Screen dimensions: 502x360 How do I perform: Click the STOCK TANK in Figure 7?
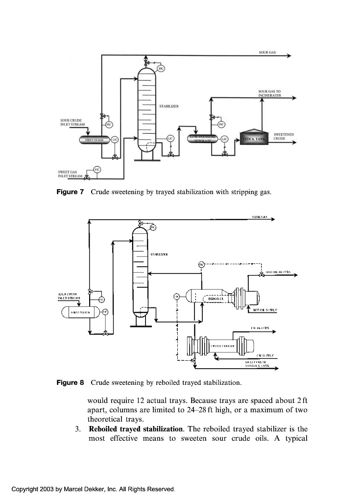(x=254, y=139)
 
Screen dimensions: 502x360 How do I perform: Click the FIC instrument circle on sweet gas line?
(x=97, y=169)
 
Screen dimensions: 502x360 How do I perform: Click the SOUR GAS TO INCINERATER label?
(x=269, y=93)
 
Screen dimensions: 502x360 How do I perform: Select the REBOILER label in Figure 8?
(x=216, y=297)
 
